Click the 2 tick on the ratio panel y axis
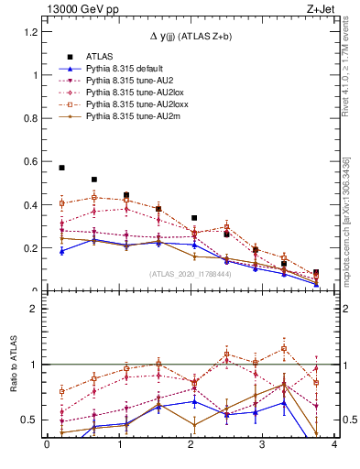[37, 309]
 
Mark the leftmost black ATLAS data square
[61, 168]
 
